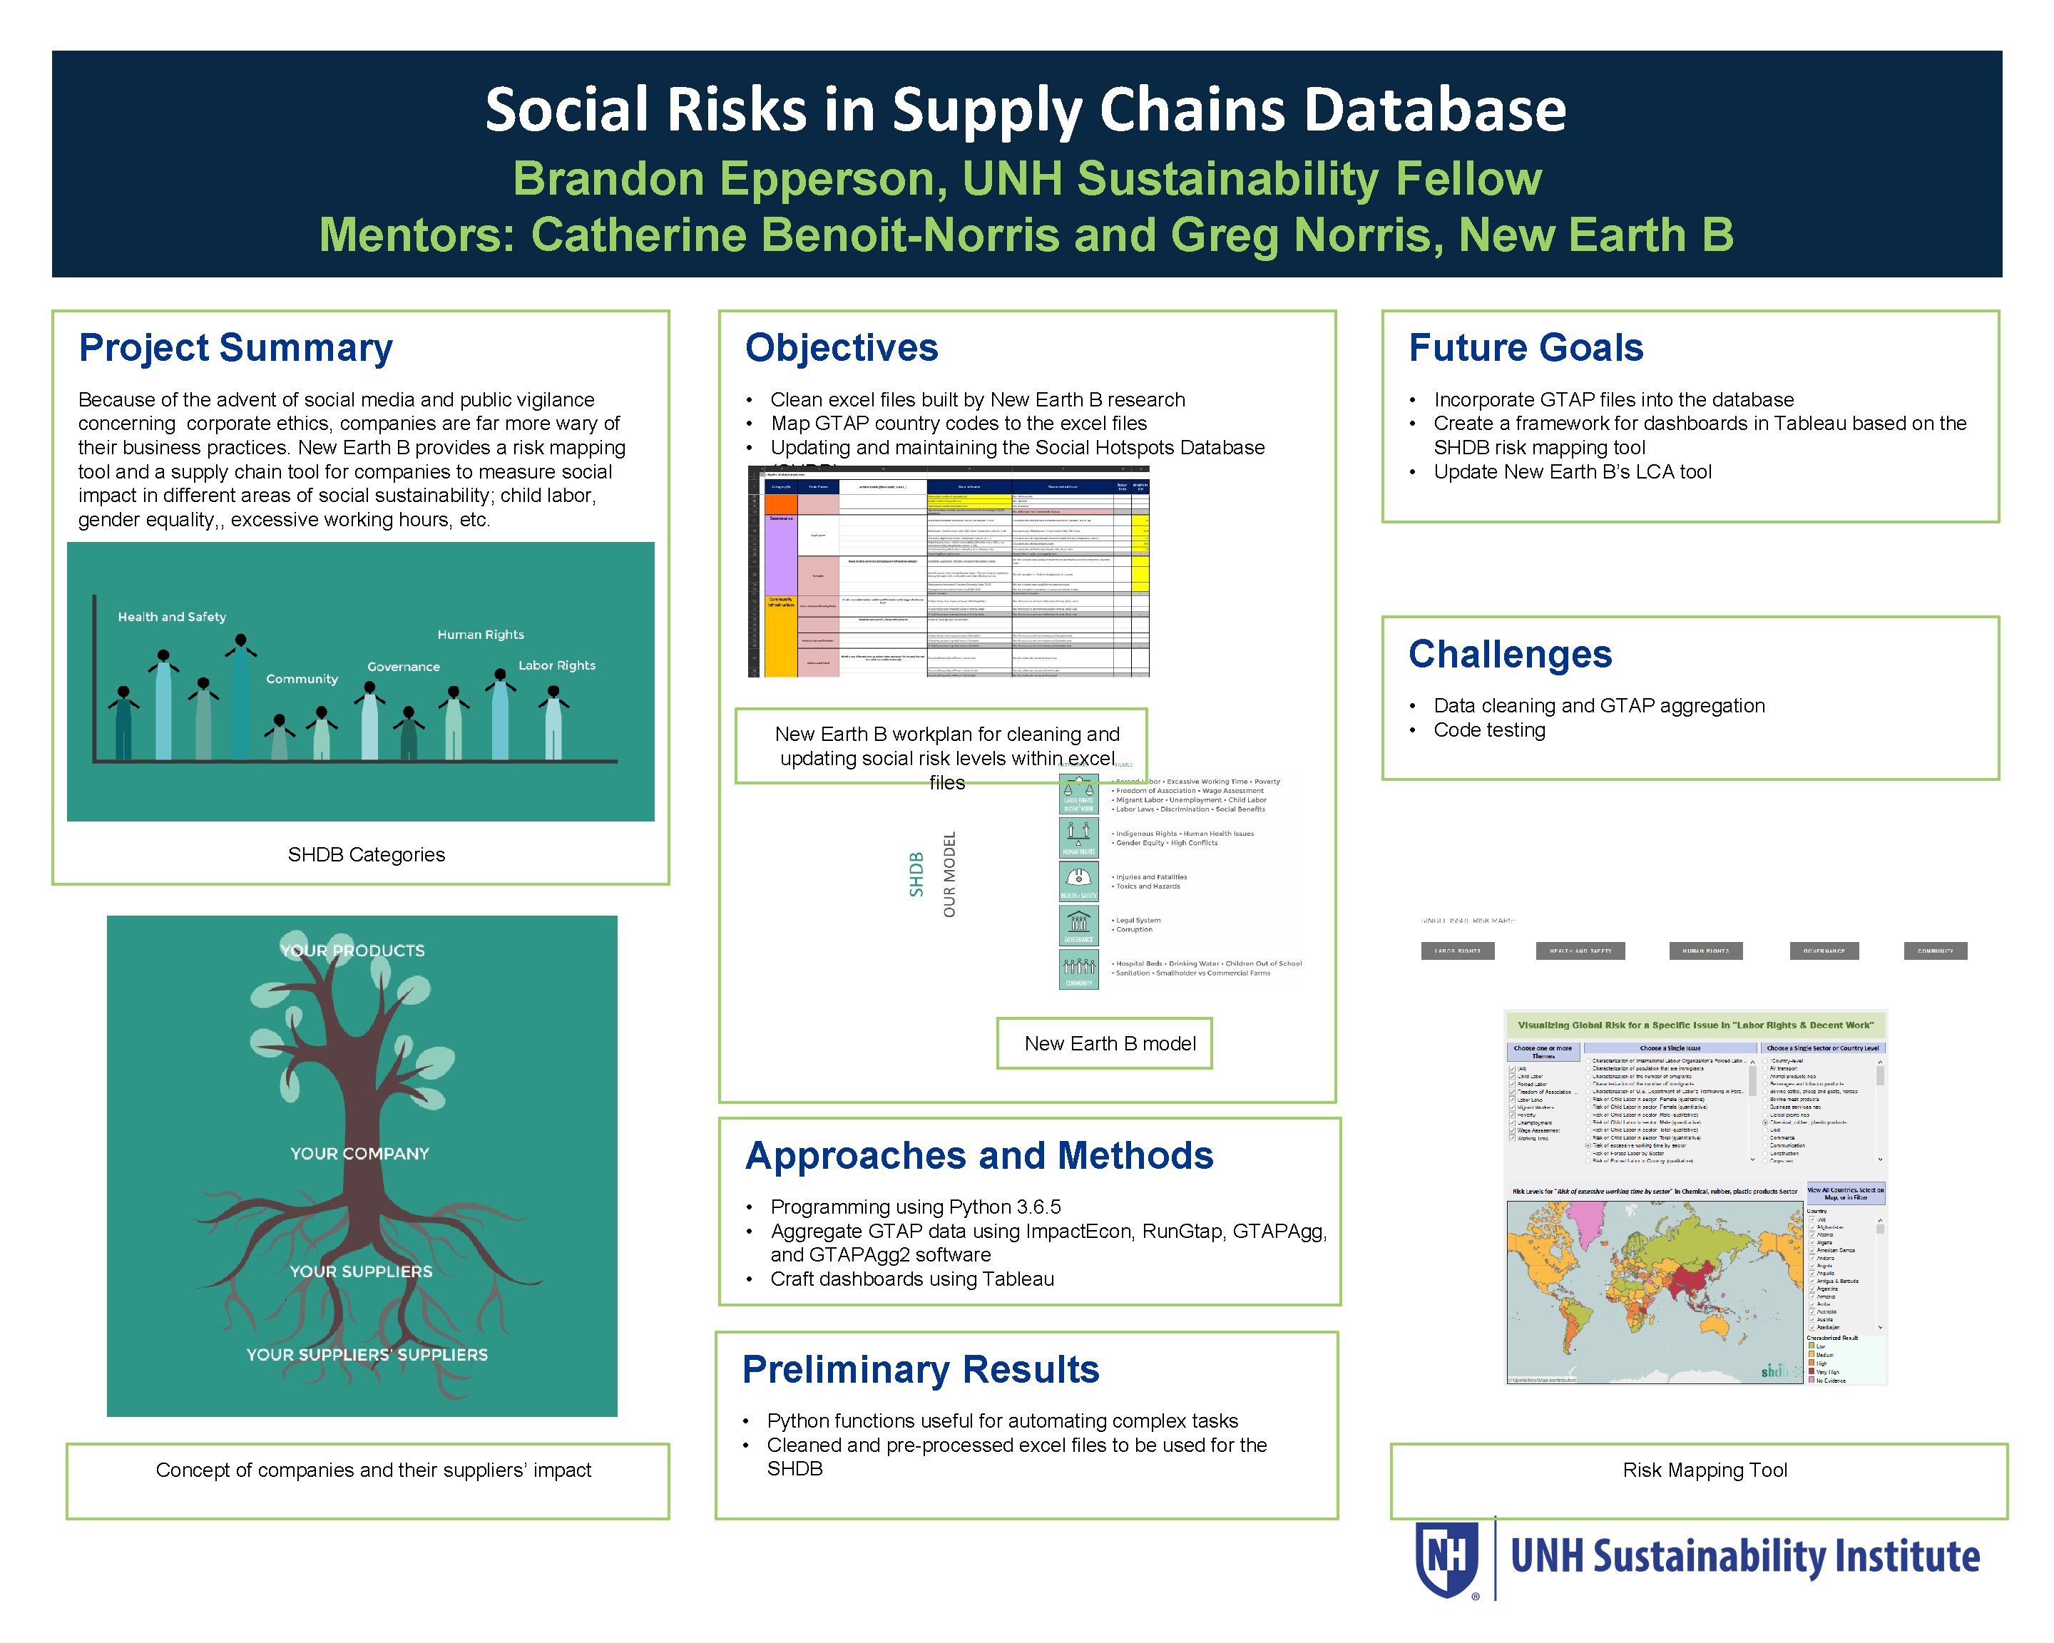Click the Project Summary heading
(235, 349)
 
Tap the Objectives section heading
(842, 349)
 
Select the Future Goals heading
(1526, 349)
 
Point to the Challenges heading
(1510, 655)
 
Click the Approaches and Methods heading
(979, 1156)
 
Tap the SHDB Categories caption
(366, 855)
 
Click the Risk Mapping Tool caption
(1705, 1470)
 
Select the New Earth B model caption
(1110, 1044)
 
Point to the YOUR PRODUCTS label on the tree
(352, 951)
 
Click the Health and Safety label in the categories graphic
(171, 618)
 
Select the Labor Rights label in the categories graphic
(556, 666)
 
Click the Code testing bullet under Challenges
(1489, 730)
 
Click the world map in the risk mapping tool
(1655, 1291)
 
